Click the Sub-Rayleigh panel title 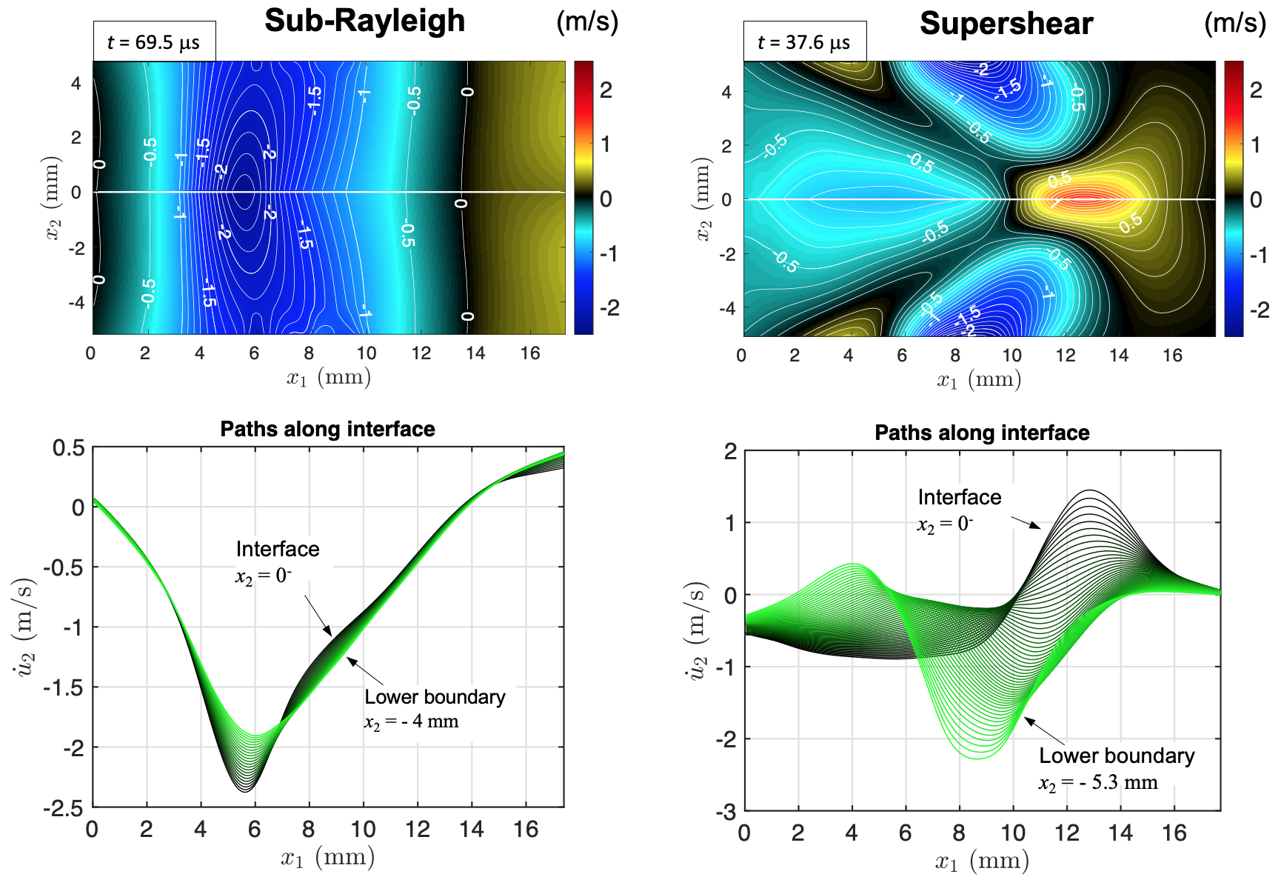364,21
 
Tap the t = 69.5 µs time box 154,42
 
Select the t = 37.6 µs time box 804,42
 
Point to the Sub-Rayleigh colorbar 583,197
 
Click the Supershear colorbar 1234,199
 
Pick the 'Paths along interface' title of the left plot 327,430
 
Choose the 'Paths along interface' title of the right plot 982,433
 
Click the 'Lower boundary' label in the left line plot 435,697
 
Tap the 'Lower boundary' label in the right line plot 1117,756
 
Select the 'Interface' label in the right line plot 959,497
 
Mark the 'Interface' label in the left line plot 278,549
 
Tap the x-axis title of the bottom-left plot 327,858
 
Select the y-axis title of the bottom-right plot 696,631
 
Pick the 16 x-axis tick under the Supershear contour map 1172,356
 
